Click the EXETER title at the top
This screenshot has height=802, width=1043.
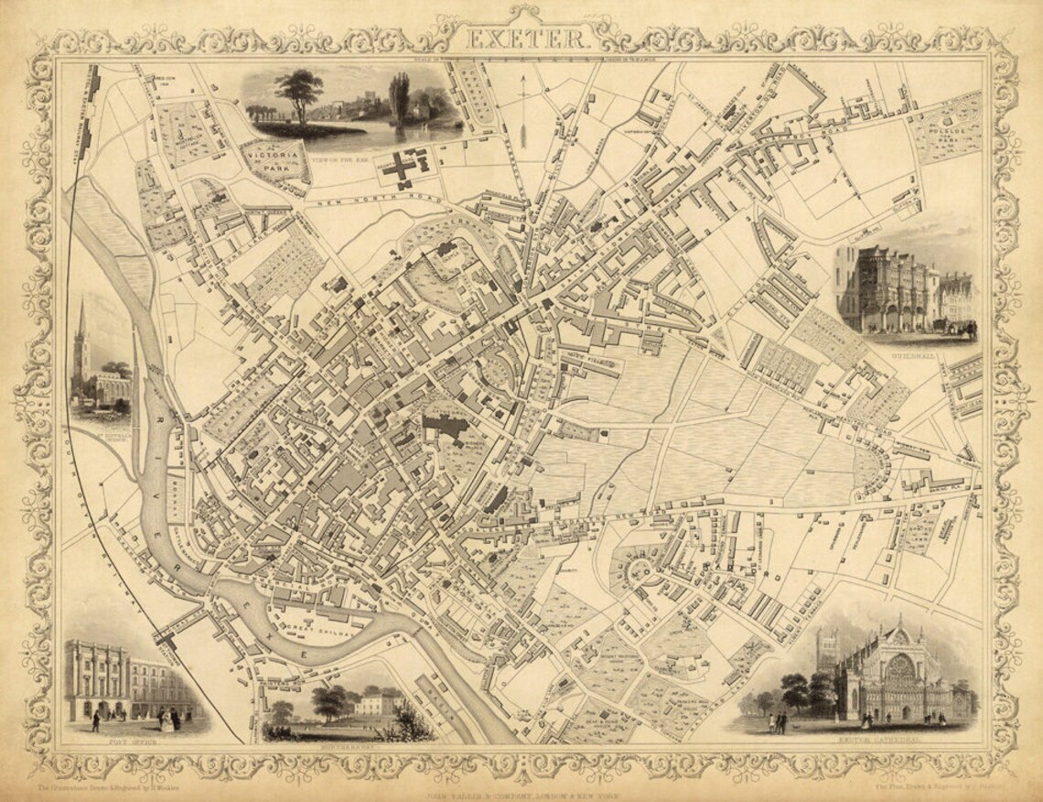525,38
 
